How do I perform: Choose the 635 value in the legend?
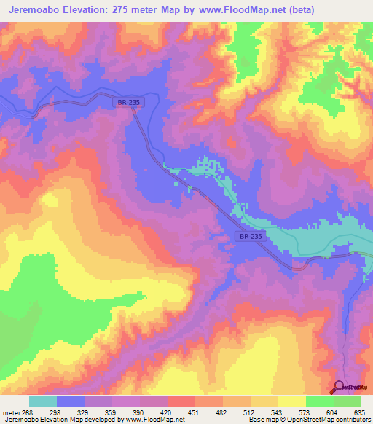click(357, 412)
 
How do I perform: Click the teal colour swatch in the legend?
click(42, 401)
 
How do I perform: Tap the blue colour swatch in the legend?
click(70, 401)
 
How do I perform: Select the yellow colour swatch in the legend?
click(291, 401)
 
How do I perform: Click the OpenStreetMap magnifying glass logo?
click(340, 387)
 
